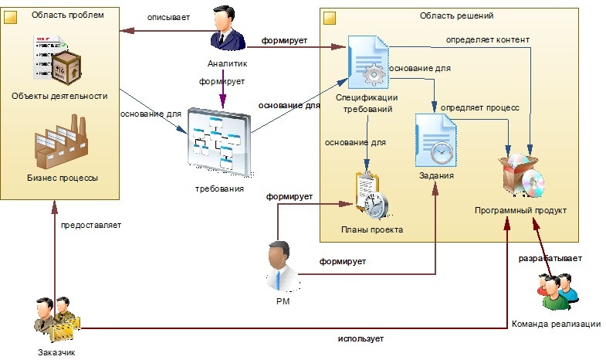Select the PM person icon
(283, 266)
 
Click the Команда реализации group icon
(558, 291)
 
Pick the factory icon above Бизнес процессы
(61, 141)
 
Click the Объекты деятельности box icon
(57, 59)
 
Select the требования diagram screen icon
(219, 142)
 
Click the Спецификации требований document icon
(368, 62)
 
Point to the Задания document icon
(435, 140)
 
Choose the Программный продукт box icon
(521, 175)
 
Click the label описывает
(168, 18)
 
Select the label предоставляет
(91, 225)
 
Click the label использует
(361, 338)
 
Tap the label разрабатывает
(550, 258)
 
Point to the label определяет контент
(488, 40)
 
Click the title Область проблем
(68, 15)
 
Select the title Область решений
(456, 16)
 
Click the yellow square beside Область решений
(330, 19)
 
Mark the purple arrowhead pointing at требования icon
(223, 103)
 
